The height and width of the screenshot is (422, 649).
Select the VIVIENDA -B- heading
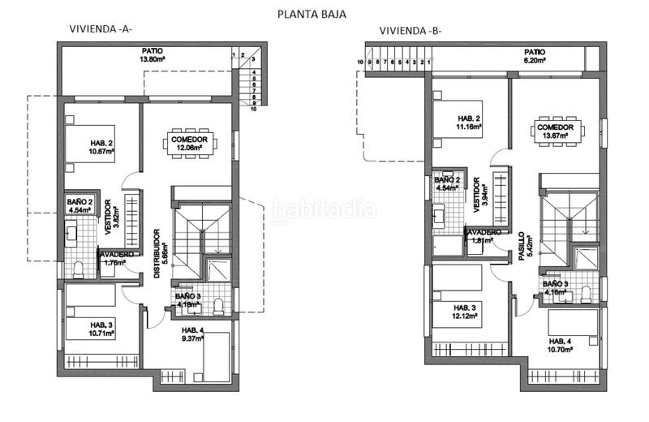pos(410,32)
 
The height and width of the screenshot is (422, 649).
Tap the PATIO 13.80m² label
pos(153,55)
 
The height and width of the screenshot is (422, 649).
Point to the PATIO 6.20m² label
pos(534,55)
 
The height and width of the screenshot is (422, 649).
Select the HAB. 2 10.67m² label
pos(89,145)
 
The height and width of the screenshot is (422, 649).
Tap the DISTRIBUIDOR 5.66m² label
pos(159,253)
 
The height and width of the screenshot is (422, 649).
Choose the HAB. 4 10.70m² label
pos(561,345)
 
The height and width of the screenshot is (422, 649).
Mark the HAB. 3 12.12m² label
pos(466,312)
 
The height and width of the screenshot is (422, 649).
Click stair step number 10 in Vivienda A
pos(253,110)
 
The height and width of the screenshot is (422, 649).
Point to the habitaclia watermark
pos(324,210)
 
